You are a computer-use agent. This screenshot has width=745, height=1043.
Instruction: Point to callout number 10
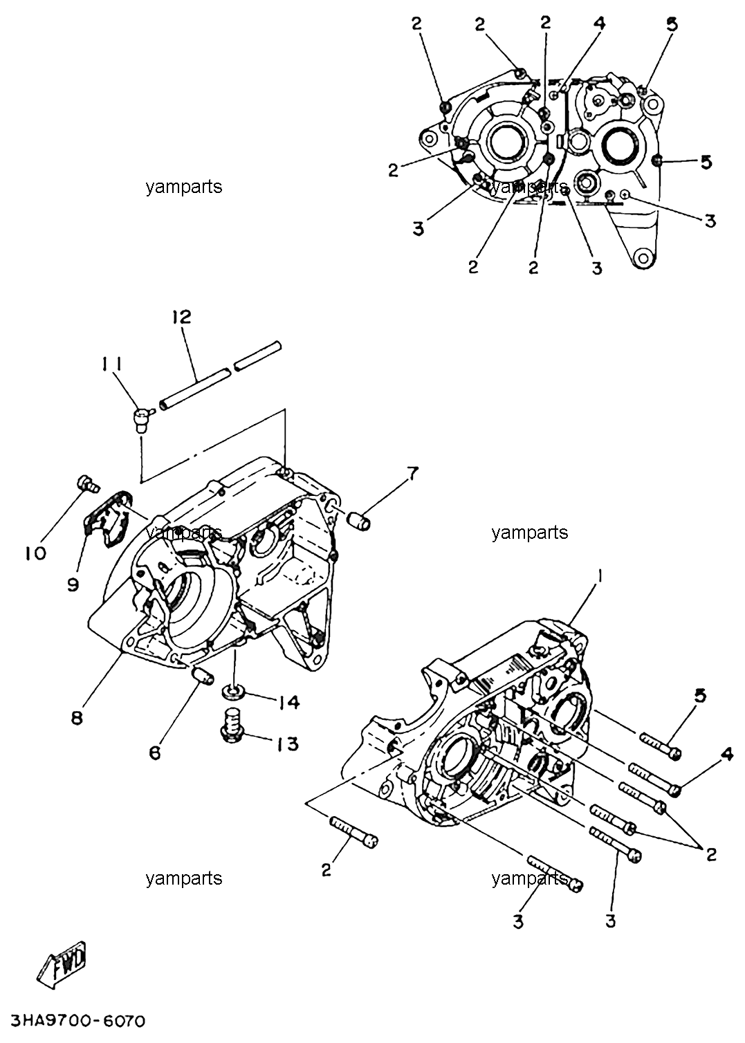[x=36, y=553]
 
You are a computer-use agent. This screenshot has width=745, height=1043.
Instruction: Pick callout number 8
[x=77, y=717]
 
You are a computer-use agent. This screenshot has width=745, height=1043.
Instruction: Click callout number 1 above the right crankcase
[x=600, y=576]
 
